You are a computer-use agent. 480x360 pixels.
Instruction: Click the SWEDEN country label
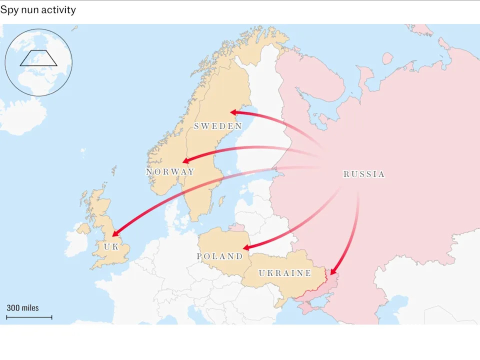[218, 126]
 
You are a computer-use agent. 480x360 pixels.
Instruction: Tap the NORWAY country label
[170, 172]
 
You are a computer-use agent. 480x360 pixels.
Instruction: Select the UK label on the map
[111, 246]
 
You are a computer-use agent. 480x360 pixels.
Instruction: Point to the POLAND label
[219, 256]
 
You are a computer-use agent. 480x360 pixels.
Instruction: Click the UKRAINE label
[285, 273]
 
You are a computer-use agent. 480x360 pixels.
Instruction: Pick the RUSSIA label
[364, 174]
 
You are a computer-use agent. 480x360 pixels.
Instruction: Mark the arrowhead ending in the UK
[115, 233]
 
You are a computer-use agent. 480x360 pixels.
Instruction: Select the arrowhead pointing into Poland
[246, 247]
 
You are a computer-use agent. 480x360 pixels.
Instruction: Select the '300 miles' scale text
[22, 308]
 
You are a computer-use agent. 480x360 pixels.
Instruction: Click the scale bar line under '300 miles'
[29, 317]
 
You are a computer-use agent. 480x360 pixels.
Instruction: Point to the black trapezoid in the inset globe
[38, 58]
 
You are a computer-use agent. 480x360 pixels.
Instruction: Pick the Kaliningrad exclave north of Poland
[233, 228]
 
